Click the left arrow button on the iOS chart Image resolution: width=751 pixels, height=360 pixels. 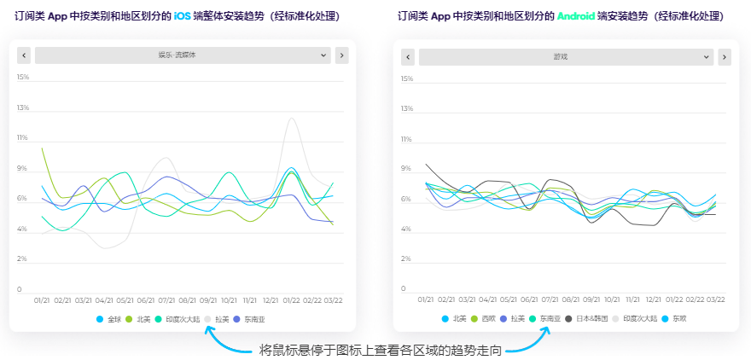pos(24,55)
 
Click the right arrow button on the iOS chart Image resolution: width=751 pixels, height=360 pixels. pos(341,55)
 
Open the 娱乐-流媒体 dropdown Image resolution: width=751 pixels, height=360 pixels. pos(182,55)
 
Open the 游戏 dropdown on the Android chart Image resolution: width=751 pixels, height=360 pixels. pos(566,57)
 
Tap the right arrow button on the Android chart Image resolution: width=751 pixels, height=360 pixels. pos(725,57)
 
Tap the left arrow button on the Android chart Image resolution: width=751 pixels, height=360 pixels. pos(408,57)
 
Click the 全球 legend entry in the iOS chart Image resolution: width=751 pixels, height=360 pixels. pos(109,319)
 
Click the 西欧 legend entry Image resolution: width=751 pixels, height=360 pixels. pos(483,318)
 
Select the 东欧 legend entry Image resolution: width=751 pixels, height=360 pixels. pos(674,318)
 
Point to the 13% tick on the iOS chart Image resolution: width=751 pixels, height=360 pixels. pos(23,108)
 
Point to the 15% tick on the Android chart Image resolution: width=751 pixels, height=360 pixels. pos(407,78)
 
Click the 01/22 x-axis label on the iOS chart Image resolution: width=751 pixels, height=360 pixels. pos(291,300)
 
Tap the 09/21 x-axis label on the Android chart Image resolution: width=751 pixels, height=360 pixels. pos(591,299)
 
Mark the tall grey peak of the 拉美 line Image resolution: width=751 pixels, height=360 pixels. pos(293,119)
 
